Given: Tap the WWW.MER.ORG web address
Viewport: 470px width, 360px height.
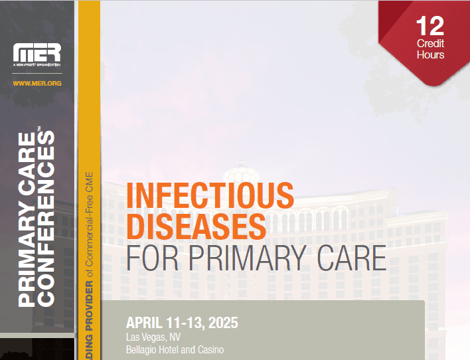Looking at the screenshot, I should pyautogui.click(x=37, y=83).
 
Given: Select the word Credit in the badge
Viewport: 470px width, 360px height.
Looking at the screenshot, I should pyautogui.click(x=430, y=43).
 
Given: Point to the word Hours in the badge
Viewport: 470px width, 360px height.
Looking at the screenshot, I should pyautogui.click(x=430, y=54).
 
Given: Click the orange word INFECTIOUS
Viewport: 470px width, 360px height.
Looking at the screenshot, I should pyautogui.click(x=209, y=195).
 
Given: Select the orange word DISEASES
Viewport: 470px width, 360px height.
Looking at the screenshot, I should pyautogui.click(x=195, y=226).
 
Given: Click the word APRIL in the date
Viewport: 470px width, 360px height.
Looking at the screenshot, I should pyautogui.click(x=143, y=324).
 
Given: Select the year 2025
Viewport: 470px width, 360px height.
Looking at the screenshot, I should pyautogui.click(x=222, y=324).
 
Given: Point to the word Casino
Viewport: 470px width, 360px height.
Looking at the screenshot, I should pyautogui.click(x=209, y=349).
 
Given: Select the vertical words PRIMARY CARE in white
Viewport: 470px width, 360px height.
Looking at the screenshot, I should pyautogui.click(x=27, y=219).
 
